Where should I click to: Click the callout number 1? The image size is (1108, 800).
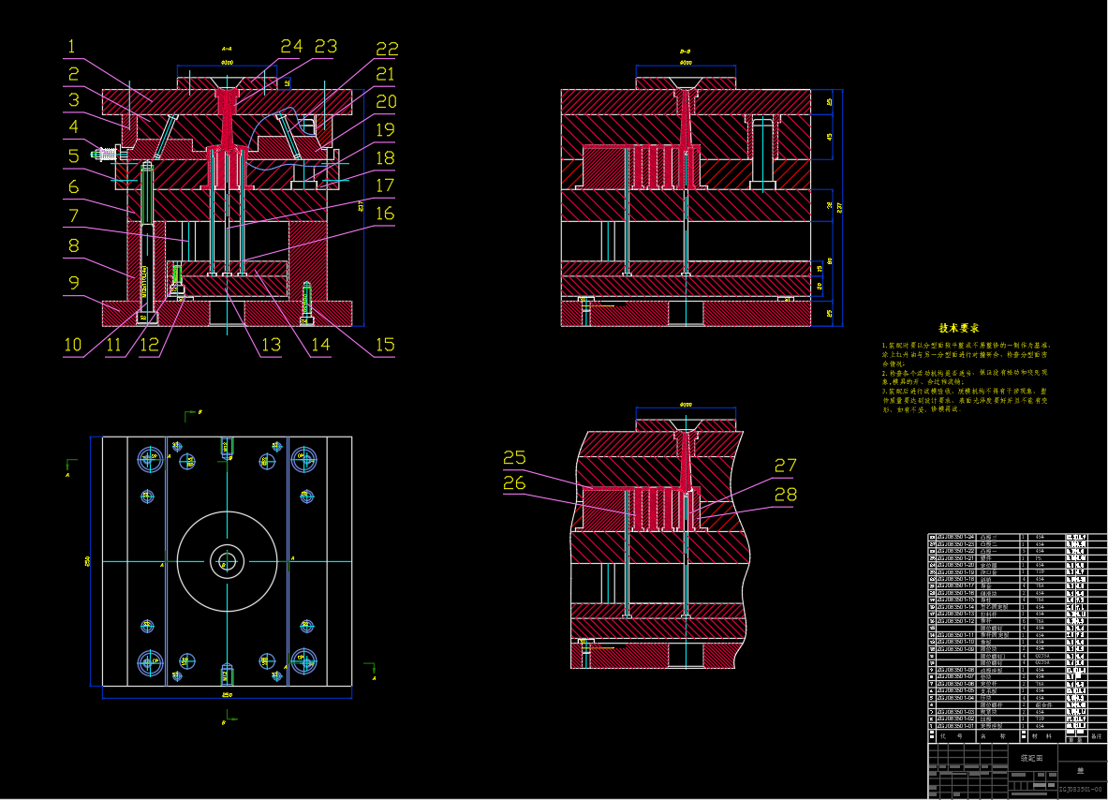tap(71, 46)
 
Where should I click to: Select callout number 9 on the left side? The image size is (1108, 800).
tap(71, 282)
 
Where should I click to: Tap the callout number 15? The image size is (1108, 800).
tap(384, 345)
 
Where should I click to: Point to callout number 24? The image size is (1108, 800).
tap(291, 46)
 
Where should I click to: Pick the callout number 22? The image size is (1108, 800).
tap(386, 49)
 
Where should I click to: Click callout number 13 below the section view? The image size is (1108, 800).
tap(271, 345)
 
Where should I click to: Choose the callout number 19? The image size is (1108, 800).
tap(385, 130)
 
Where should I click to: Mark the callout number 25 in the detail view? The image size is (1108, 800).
tap(514, 457)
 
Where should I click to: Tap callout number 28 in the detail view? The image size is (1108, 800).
tap(785, 494)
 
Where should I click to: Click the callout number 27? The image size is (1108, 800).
tap(785, 465)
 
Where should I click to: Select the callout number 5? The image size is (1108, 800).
tap(72, 156)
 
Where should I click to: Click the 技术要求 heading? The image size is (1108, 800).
tap(959, 329)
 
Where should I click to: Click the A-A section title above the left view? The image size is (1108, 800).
tap(227, 47)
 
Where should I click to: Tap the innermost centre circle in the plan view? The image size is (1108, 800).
tap(226, 562)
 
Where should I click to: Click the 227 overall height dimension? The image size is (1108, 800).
tap(840, 207)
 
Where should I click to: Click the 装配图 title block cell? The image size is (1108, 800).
tap(1028, 757)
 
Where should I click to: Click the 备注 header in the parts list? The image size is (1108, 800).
tap(1097, 737)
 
